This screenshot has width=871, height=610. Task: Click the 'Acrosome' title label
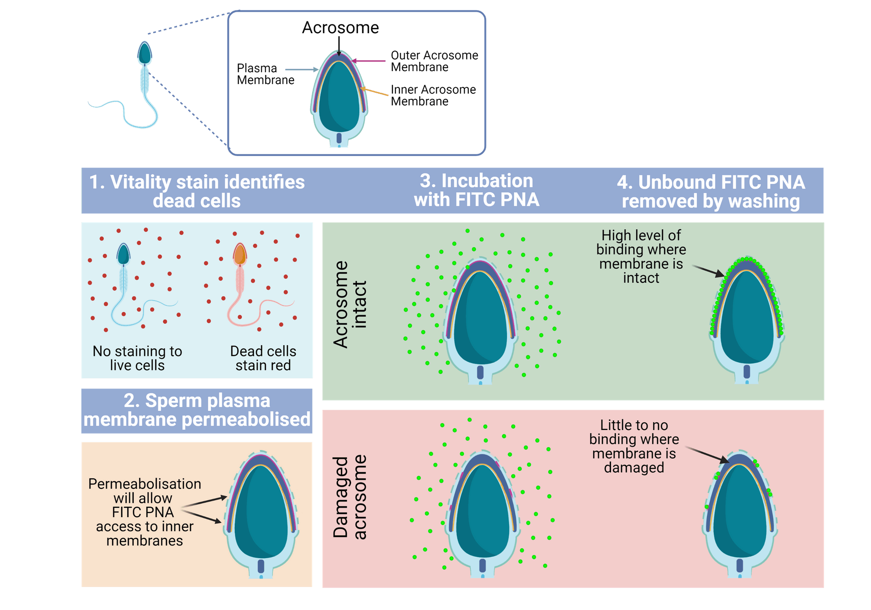coord(341,28)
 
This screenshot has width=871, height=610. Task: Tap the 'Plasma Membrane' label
coord(265,74)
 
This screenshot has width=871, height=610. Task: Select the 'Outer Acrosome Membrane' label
coord(434,61)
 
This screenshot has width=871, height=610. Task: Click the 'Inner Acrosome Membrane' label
coord(433,95)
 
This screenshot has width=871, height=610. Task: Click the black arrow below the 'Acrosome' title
coord(339,46)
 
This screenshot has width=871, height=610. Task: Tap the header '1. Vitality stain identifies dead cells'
coord(197,191)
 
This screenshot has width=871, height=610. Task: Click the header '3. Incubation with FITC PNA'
coord(476,190)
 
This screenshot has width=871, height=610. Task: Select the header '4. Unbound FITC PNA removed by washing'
coord(711,192)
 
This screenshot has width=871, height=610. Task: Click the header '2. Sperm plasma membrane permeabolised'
coord(197,410)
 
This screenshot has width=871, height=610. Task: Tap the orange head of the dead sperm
coord(240,254)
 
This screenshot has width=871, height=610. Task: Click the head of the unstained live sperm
coord(123,254)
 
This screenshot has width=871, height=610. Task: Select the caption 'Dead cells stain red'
coord(263,358)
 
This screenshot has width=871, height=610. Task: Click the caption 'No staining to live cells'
coord(137,358)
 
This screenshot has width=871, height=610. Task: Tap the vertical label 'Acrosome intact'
coord(350,304)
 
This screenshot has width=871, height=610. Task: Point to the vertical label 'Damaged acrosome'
coord(350,497)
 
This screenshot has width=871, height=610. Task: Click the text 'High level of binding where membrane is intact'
coord(641,257)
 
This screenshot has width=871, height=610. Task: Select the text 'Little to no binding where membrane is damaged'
coord(634,446)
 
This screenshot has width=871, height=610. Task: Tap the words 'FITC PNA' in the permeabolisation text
coord(143,512)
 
